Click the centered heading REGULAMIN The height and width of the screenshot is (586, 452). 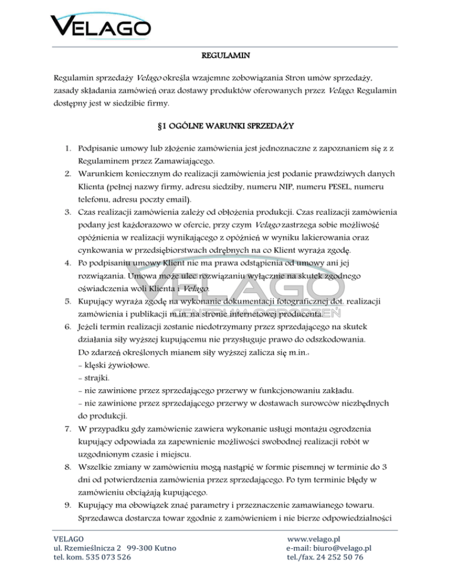[226, 57]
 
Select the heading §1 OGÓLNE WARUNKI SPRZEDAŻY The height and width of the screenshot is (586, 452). [226, 126]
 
